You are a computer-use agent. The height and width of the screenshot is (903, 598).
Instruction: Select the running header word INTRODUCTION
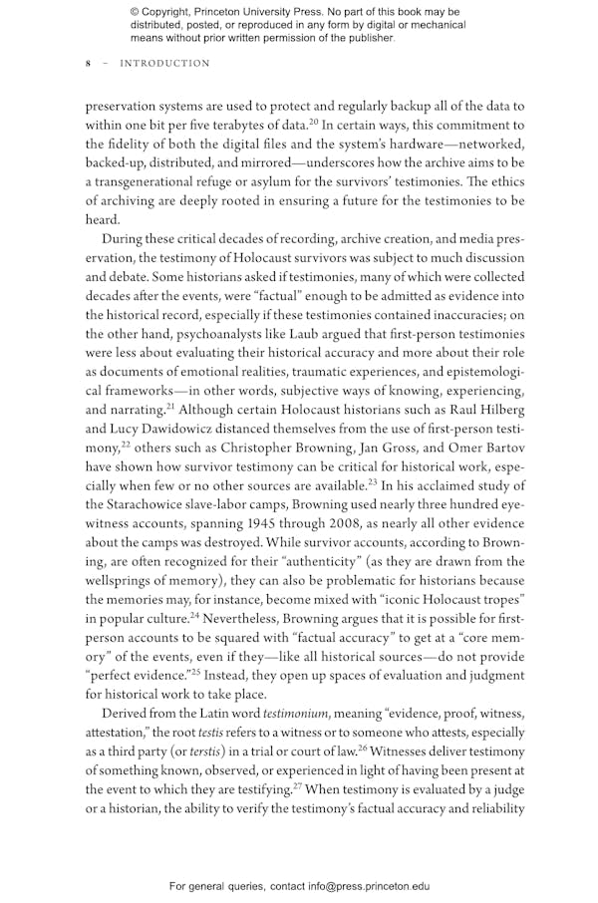[x=164, y=64]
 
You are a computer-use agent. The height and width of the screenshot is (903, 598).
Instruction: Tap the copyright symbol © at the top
[x=135, y=12]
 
